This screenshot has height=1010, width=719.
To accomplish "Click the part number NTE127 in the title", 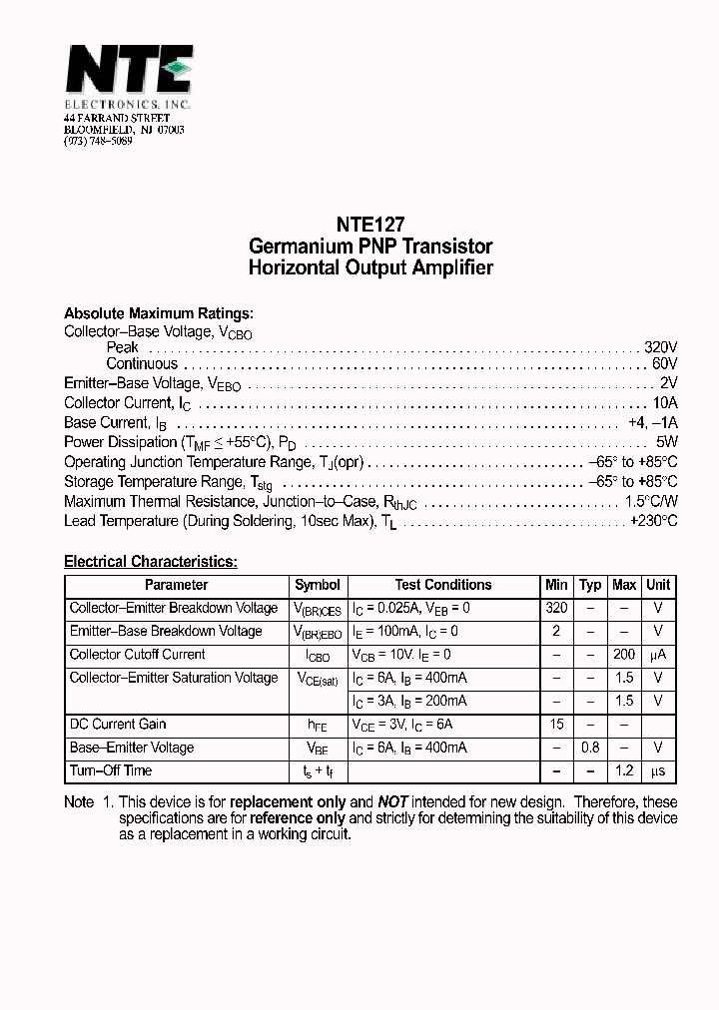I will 370,226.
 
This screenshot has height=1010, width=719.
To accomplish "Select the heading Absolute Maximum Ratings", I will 158,312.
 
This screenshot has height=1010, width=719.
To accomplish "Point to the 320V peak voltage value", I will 660,347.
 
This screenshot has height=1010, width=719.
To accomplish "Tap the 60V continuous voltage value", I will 664,364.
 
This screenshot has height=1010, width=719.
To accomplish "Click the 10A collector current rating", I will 664,403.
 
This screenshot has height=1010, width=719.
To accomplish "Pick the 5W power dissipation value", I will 667,442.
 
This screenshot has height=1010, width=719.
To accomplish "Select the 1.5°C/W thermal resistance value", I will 651,501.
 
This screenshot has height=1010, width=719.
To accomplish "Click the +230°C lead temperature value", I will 653,521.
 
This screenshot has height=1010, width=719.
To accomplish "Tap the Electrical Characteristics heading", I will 151,562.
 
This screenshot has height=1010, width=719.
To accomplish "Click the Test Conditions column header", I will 442,585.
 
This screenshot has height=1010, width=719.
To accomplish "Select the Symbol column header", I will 318,585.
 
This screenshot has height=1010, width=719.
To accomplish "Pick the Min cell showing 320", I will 556,608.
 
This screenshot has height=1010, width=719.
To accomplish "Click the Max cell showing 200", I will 624,655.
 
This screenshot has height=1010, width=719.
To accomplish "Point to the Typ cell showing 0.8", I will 591,748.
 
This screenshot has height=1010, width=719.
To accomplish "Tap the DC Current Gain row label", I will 118,724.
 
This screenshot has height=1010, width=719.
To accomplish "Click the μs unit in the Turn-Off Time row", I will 658,770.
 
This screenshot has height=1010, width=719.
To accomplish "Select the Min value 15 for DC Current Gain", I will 556,724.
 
